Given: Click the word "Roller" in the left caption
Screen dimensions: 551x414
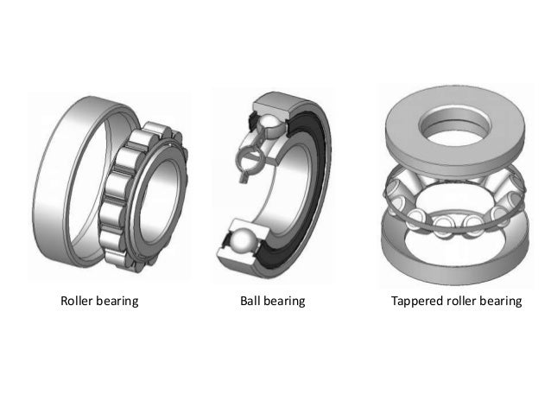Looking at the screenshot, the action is click(x=76, y=301).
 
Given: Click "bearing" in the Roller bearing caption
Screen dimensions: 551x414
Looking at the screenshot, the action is click(x=117, y=302).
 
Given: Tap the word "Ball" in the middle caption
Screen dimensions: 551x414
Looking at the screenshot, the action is click(x=250, y=301).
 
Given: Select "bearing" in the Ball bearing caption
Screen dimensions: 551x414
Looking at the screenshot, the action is click(x=284, y=302).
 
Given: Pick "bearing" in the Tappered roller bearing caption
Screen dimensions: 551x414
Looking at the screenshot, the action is click(x=501, y=302).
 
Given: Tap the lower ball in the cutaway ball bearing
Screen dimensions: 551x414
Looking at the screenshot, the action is click(x=244, y=240).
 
